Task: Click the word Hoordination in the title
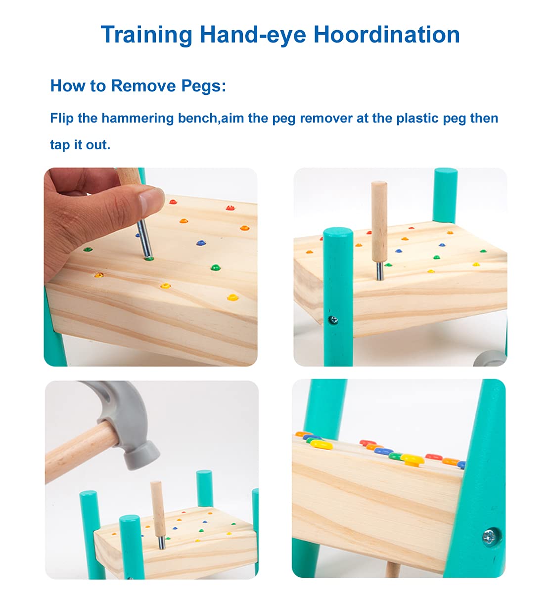click(x=386, y=35)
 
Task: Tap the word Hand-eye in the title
click(x=253, y=35)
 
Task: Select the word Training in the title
click(x=146, y=35)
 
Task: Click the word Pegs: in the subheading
click(x=204, y=86)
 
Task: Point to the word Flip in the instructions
click(x=61, y=118)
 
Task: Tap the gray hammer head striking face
click(x=142, y=456)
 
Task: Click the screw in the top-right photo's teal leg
click(x=333, y=320)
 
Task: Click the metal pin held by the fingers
click(x=144, y=239)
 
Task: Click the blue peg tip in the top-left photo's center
click(x=201, y=242)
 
